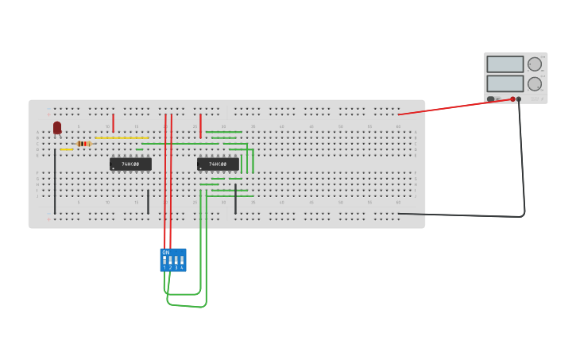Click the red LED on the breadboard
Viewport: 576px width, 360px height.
coord(57,127)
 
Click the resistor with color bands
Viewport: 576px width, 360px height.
coord(83,143)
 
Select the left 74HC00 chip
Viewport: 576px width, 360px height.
coord(130,164)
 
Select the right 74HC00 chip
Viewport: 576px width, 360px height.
coord(218,164)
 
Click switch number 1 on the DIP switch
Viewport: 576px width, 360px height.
coord(164,260)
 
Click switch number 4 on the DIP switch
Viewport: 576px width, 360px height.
coord(181,260)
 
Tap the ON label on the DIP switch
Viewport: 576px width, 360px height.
coord(166,252)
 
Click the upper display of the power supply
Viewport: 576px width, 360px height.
coord(505,64)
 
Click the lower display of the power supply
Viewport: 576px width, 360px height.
coord(505,83)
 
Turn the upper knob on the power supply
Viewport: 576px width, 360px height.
coord(535,64)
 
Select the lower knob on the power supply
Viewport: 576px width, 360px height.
coord(535,83)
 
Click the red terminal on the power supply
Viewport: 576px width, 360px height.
coord(512,99)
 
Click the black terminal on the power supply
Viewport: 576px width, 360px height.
coord(519,99)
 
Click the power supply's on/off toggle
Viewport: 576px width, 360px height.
coord(491,99)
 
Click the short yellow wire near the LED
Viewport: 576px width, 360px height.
coord(66,149)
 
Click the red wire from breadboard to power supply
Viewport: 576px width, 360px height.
coord(453,107)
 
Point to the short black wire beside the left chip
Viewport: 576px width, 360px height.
coord(148,202)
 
